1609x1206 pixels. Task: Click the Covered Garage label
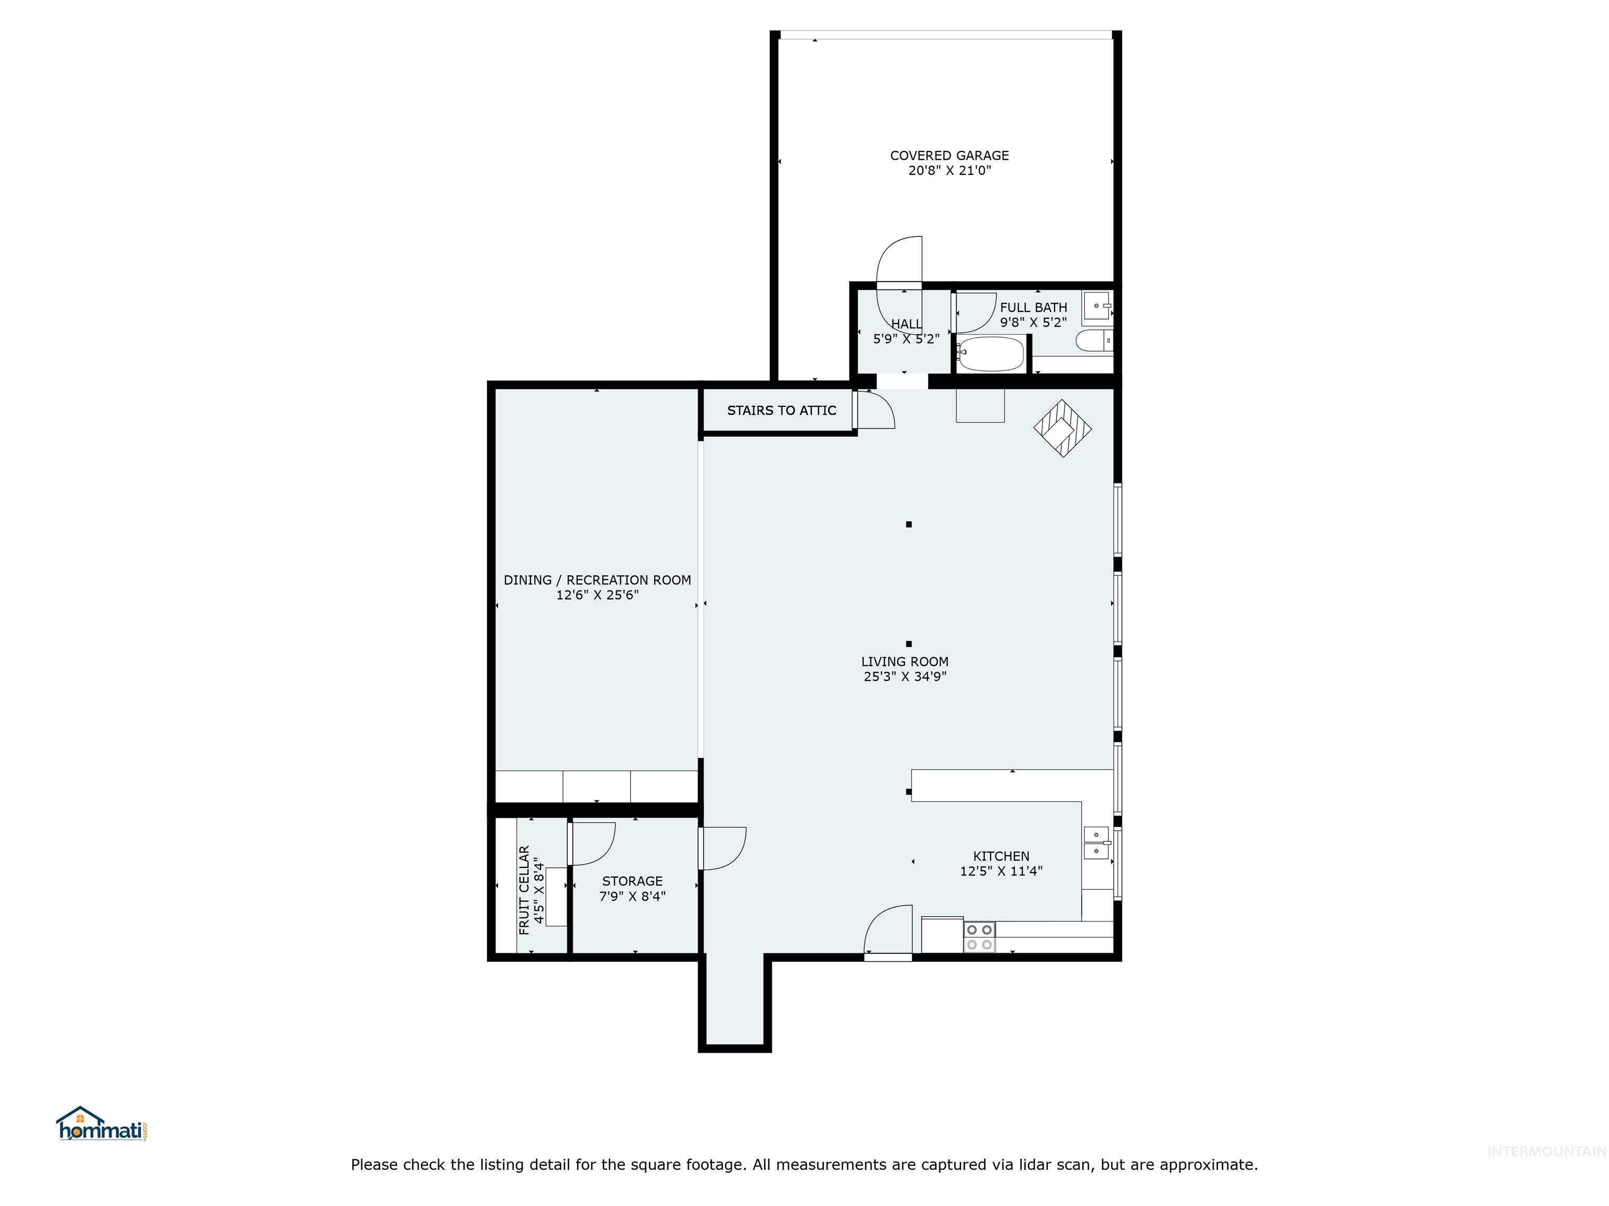tap(949, 155)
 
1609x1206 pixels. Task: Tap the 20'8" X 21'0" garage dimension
tap(949, 171)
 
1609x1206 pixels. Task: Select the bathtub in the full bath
tap(990, 354)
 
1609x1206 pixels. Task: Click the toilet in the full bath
tap(1093, 340)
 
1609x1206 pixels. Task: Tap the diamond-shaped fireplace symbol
tap(1063, 428)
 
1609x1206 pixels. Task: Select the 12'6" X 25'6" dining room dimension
tap(597, 595)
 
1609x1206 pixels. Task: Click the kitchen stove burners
tap(979, 937)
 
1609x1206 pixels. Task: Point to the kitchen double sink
tap(1096, 843)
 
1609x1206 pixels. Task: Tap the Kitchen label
tap(1001, 856)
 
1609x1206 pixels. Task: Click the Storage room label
tap(632, 881)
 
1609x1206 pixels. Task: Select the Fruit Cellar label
tap(524, 890)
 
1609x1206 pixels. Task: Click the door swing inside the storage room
tap(593, 843)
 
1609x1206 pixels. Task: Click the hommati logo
tap(102, 1125)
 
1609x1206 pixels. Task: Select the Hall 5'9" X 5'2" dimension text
tap(906, 339)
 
